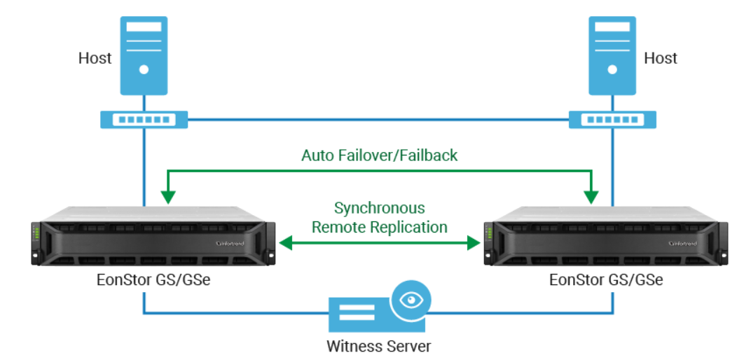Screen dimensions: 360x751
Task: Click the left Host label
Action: tap(95, 58)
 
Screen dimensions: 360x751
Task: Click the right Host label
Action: tap(660, 58)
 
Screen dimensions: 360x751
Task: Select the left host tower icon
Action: tap(144, 55)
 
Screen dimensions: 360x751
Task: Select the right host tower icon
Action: tap(612, 55)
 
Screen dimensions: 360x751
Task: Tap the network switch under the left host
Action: tap(144, 120)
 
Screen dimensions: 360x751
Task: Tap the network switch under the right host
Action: tap(612, 120)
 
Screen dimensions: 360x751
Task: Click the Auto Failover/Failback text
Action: tap(379, 155)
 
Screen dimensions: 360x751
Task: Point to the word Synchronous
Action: tap(379, 208)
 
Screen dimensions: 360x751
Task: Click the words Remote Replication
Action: tap(379, 227)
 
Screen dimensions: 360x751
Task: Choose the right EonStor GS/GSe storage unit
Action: tap(605, 235)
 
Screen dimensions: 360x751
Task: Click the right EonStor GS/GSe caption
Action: tap(606, 280)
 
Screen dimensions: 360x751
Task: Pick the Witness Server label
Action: tap(379, 346)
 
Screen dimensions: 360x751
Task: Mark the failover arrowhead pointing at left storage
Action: tap(167, 195)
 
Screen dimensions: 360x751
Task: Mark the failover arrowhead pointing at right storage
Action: tap(592, 195)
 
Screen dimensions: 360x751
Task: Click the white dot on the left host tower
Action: tap(144, 69)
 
